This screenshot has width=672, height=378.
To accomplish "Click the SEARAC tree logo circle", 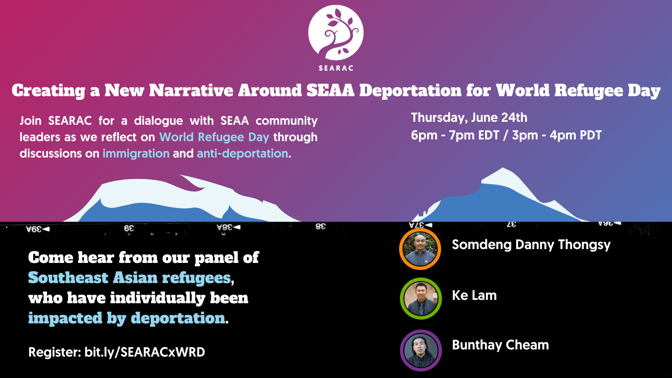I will coord(336,33).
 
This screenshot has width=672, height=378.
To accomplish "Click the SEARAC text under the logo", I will coord(336,68).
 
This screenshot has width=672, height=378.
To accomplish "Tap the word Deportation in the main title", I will coord(410,91).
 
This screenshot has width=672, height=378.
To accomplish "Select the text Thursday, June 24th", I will coord(469,118).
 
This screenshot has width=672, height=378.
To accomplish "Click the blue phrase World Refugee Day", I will coord(214,137).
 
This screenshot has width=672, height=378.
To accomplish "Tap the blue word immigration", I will coord(136,154).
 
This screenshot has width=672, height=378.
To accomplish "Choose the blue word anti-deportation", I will coord(243,154).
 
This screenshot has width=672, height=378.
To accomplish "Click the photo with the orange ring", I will coord(420,249).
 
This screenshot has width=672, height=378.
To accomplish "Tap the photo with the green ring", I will coord(420,298).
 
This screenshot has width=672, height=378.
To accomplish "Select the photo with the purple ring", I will coord(420,350).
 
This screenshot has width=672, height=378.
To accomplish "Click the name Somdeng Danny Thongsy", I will coord(531,245).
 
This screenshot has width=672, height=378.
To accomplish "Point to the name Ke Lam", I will coord(474,295).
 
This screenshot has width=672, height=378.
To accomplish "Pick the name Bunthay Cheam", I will coord(500,345).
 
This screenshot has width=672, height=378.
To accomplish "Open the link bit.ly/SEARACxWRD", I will coord(144,352).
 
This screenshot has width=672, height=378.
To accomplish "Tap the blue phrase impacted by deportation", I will coord(127,318).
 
